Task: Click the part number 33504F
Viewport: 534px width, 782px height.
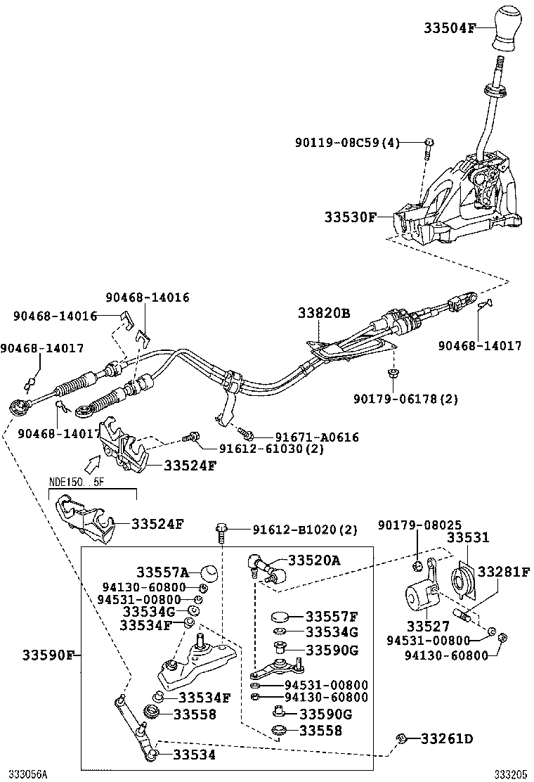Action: [x=450, y=28]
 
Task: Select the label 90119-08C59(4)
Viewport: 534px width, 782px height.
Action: [x=347, y=143]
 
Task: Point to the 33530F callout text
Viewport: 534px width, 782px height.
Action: [x=351, y=217]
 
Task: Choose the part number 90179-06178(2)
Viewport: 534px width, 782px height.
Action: [x=406, y=399]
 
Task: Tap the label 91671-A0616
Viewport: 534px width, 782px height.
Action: [x=308, y=437]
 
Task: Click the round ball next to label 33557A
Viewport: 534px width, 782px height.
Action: [x=209, y=572]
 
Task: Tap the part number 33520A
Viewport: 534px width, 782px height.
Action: [x=315, y=560]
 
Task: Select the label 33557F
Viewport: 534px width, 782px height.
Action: [x=332, y=617]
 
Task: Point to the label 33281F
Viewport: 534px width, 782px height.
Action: [x=504, y=572]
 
